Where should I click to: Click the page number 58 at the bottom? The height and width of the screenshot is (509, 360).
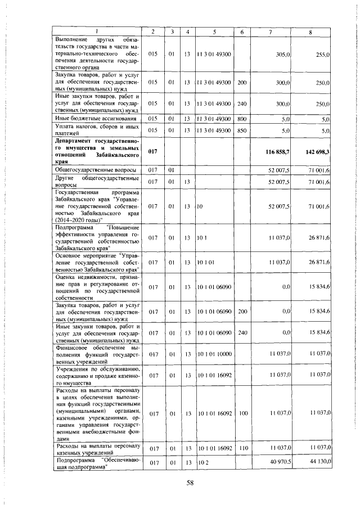pyautogui.click(x=190, y=481)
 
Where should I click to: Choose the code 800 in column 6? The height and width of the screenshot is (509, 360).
pyautogui.click(x=242, y=119)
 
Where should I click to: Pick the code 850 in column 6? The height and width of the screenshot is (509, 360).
pyautogui.click(x=242, y=130)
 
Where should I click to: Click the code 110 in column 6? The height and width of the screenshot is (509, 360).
pyautogui.click(x=242, y=448)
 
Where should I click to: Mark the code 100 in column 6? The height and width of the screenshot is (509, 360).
pyautogui.click(x=242, y=413)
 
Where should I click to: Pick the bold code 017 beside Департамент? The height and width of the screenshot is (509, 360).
pyautogui.click(x=152, y=152)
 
